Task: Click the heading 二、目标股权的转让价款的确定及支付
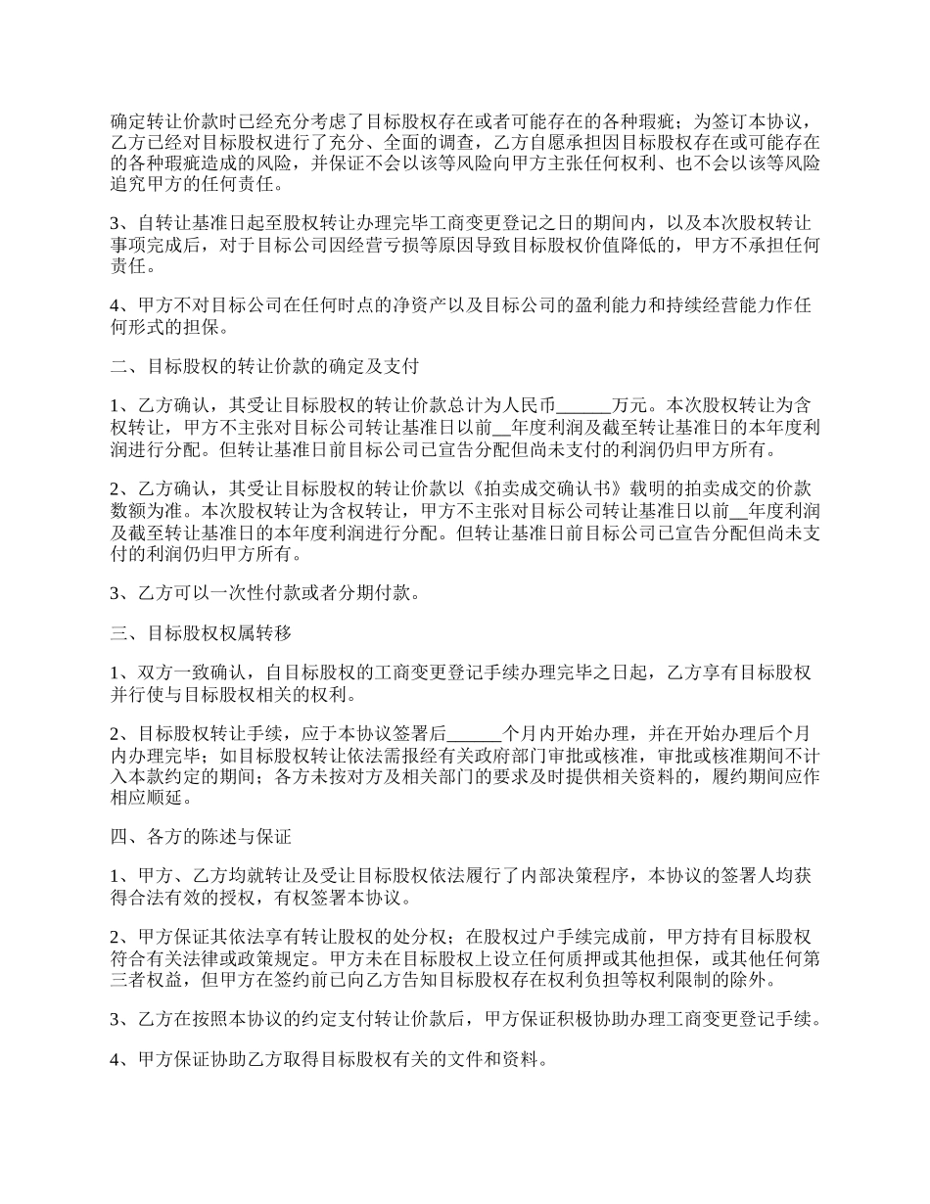click(x=265, y=367)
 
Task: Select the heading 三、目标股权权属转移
click(x=202, y=634)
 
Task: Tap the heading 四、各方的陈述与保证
click(x=202, y=837)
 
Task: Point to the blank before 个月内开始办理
click(x=474, y=733)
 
